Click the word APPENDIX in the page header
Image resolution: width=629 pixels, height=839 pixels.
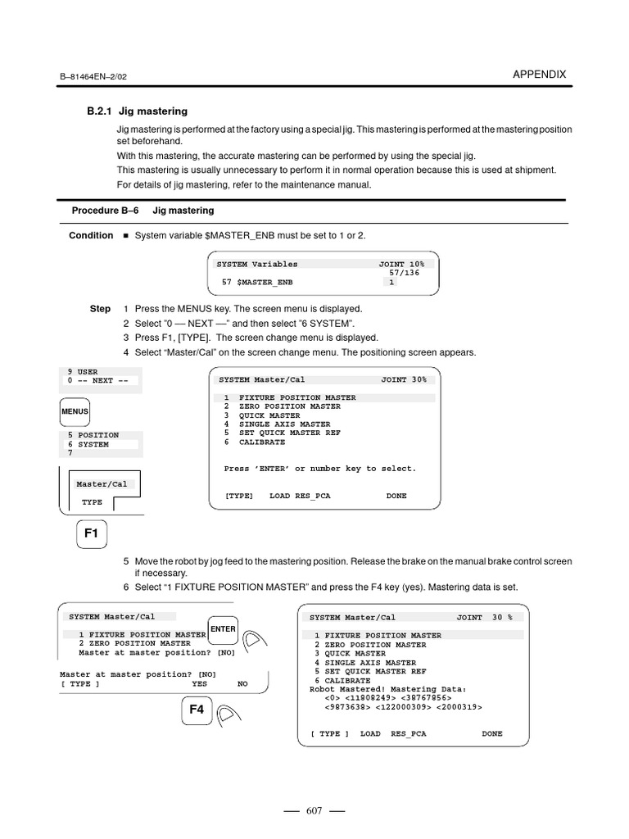click(539, 74)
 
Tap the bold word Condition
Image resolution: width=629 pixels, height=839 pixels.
click(91, 235)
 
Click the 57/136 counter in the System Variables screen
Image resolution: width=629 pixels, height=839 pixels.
click(404, 273)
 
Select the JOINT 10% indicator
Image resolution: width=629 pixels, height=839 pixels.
click(401, 264)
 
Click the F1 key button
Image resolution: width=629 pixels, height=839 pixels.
click(91, 533)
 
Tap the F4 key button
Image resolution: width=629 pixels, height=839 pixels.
click(197, 710)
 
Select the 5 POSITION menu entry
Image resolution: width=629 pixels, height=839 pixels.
click(93, 435)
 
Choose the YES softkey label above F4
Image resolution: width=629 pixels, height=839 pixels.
click(199, 683)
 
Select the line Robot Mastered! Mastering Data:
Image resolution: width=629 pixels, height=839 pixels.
click(387, 689)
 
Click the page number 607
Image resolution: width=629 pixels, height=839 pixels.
click(314, 811)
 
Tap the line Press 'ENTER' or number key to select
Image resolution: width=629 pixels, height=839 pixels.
click(319, 469)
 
